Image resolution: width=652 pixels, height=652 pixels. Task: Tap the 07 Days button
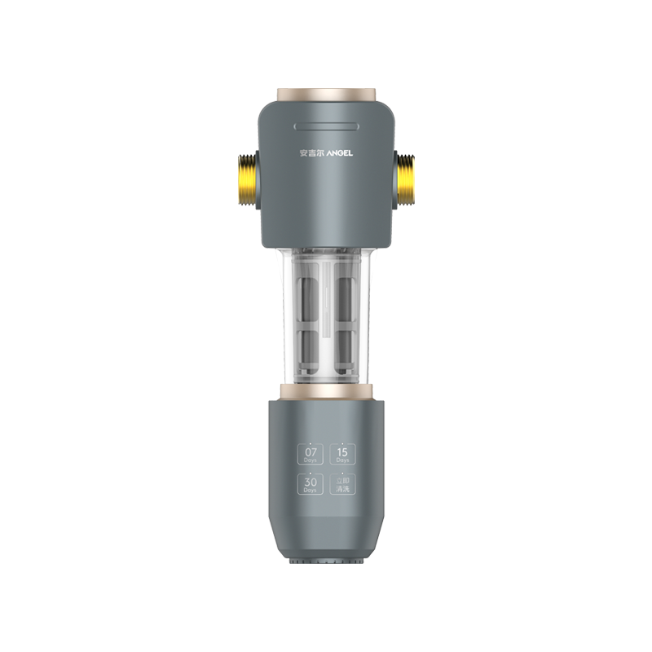click(x=311, y=454)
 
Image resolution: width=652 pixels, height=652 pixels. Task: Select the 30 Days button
click(x=311, y=485)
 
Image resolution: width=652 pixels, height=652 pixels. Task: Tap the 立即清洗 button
click(x=342, y=485)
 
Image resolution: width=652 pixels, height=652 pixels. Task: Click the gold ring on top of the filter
click(x=326, y=95)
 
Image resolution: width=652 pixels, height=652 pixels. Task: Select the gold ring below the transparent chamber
click(x=326, y=391)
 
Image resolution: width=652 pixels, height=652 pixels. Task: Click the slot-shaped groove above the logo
click(x=326, y=126)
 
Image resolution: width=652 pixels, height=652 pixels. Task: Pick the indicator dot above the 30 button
click(x=311, y=474)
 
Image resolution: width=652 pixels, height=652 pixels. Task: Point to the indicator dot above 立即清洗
click(x=342, y=474)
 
